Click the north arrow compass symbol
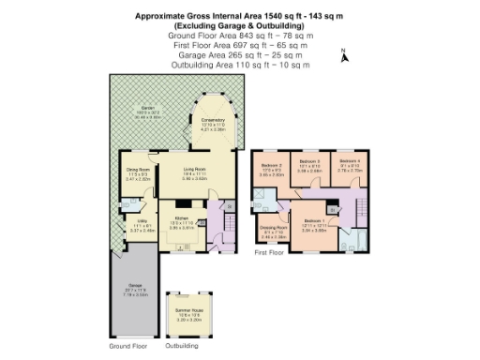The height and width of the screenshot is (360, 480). (x=345, y=55)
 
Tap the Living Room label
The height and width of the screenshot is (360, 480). (x=194, y=171)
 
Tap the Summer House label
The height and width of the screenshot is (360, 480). (x=191, y=314)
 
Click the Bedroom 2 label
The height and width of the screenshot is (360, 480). (x=271, y=170)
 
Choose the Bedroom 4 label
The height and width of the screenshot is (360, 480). (x=350, y=165)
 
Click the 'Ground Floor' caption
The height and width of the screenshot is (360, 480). (x=129, y=346)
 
